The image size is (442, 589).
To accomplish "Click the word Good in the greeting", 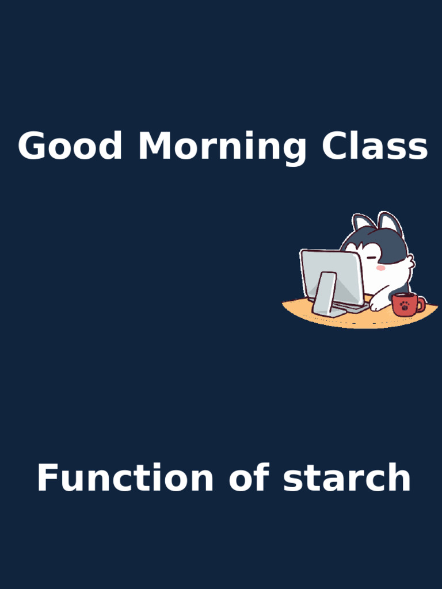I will click(x=70, y=146).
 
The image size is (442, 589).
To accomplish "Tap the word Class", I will click(x=375, y=146).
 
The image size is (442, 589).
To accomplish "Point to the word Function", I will click(x=125, y=478).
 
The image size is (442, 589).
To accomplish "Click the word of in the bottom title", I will click(x=249, y=478).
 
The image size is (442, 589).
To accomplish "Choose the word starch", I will click(x=347, y=478).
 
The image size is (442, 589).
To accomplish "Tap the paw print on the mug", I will click(x=405, y=305).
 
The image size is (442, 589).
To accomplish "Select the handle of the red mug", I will click(x=421, y=303).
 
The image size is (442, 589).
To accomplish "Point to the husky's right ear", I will click(x=390, y=223).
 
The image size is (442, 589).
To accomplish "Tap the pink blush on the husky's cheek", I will click(x=380, y=268).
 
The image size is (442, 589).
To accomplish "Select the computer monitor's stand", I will click(x=325, y=293).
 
